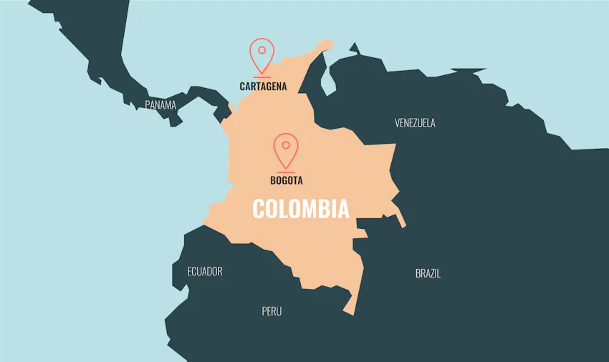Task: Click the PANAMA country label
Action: [x=160, y=104]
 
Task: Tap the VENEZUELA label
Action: [x=415, y=122]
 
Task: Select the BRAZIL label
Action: [x=428, y=273]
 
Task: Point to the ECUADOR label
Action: [x=205, y=271]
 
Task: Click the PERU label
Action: [x=272, y=311]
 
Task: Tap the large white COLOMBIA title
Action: [x=301, y=209]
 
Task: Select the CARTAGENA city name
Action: [x=263, y=87]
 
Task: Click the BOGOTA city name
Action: [x=286, y=180]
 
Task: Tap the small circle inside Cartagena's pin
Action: [x=262, y=50]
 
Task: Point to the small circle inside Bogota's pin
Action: [x=286, y=145]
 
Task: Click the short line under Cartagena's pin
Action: [x=262, y=77]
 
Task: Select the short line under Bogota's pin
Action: [x=286, y=172]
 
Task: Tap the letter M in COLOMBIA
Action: [x=304, y=209]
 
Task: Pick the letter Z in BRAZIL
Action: [x=433, y=273]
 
